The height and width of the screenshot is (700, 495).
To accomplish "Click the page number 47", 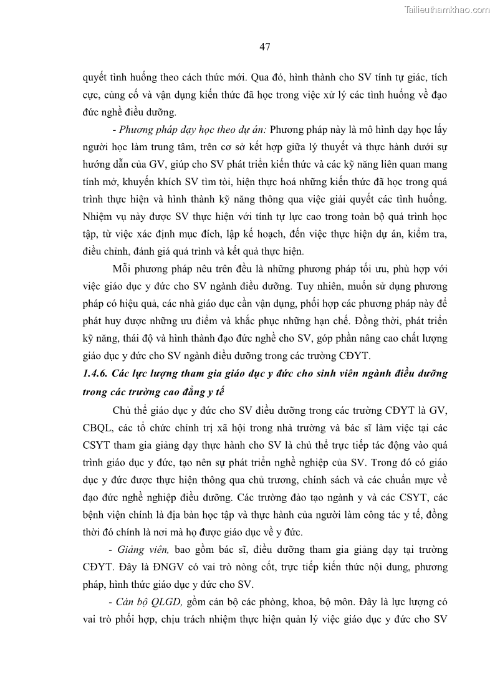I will pyautogui.click(x=264, y=47).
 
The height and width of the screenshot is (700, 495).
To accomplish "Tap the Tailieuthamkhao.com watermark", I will pyautogui.click(x=447, y=10).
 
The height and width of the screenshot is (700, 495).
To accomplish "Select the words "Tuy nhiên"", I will pyautogui.click(x=318, y=287).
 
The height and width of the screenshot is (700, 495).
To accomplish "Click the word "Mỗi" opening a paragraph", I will pyautogui.click(x=122, y=270).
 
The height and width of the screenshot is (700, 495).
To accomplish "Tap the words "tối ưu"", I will pyautogui.click(x=375, y=270).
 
